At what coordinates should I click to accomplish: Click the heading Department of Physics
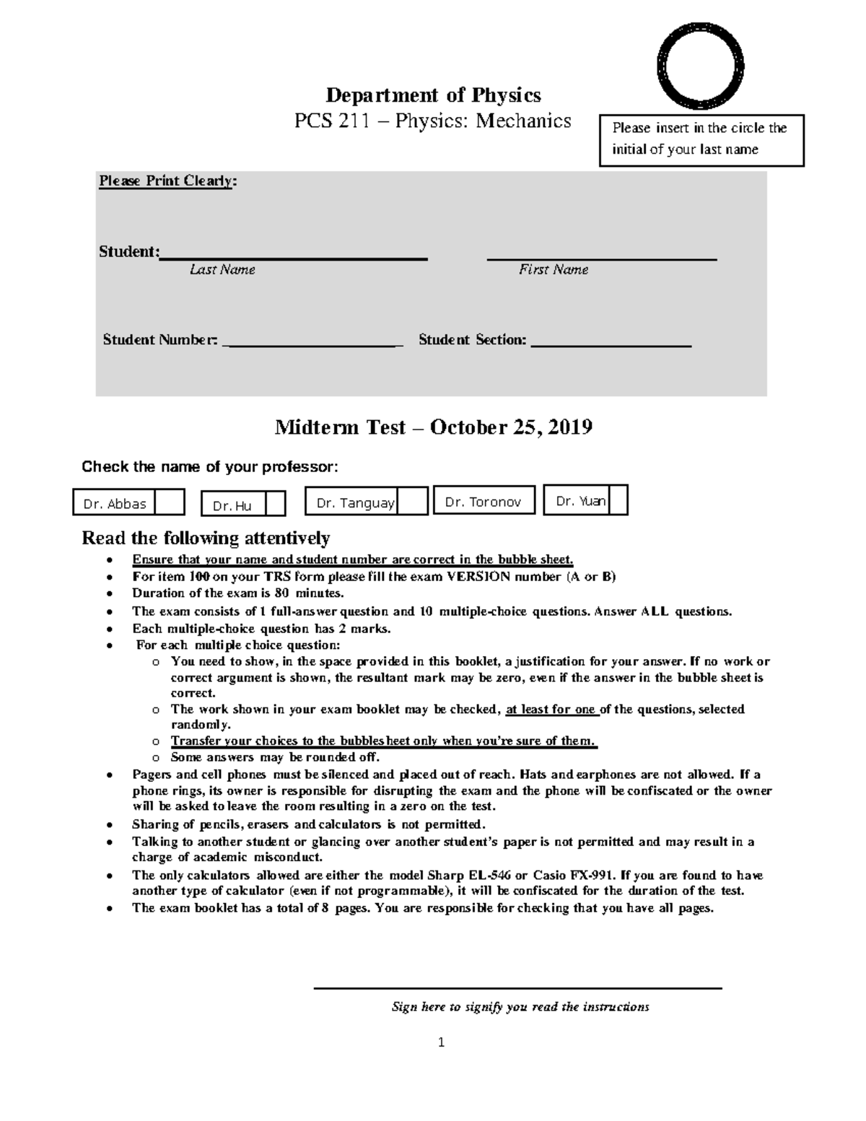tap(433, 95)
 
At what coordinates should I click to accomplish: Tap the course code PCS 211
tap(331, 121)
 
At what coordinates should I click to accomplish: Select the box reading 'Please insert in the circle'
tap(701, 139)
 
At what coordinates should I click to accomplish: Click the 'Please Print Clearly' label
tap(167, 181)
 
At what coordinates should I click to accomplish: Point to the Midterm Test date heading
tap(433, 427)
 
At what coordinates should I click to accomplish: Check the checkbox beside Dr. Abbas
tap(170, 502)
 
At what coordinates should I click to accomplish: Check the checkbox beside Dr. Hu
tap(275, 505)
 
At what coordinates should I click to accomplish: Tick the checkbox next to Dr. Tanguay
tap(413, 501)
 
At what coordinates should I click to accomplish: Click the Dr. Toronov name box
tap(484, 500)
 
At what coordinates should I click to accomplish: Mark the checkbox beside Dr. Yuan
tap(618, 500)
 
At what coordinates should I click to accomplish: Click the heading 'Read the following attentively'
tap(206, 538)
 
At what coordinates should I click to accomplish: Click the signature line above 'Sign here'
tap(517, 987)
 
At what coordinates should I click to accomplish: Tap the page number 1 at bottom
tap(441, 1042)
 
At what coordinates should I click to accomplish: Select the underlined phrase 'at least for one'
tap(551, 709)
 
